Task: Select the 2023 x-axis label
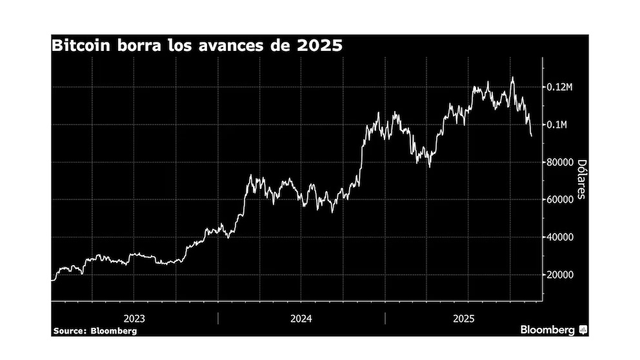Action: pos(134,318)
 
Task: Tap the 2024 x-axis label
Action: pos(301,318)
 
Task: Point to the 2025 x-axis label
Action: pos(464,318)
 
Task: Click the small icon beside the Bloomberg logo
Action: pos(583,330)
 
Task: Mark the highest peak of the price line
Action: pos(513,77)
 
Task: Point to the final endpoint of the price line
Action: pos(532,136)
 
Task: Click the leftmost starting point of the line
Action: pos(52,280)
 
